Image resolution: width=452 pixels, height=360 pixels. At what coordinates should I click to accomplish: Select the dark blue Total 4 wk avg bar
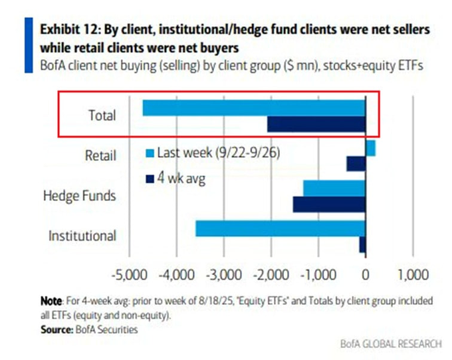316,124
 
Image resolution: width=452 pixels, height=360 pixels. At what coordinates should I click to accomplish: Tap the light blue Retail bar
371,148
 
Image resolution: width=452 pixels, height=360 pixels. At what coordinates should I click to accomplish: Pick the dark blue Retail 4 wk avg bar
356,164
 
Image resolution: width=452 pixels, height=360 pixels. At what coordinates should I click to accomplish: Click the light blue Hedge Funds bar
334,188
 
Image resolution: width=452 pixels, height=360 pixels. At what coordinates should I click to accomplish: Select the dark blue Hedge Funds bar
329,204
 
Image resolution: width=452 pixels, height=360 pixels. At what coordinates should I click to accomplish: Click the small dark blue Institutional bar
362,244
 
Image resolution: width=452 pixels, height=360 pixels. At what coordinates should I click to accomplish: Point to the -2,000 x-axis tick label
271,275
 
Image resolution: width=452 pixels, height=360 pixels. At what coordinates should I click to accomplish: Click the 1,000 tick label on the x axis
412,275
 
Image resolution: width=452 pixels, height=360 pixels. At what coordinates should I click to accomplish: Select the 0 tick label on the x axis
366,275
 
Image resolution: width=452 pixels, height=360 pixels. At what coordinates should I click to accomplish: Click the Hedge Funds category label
80,196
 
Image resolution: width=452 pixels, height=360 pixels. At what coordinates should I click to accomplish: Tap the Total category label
102,115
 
